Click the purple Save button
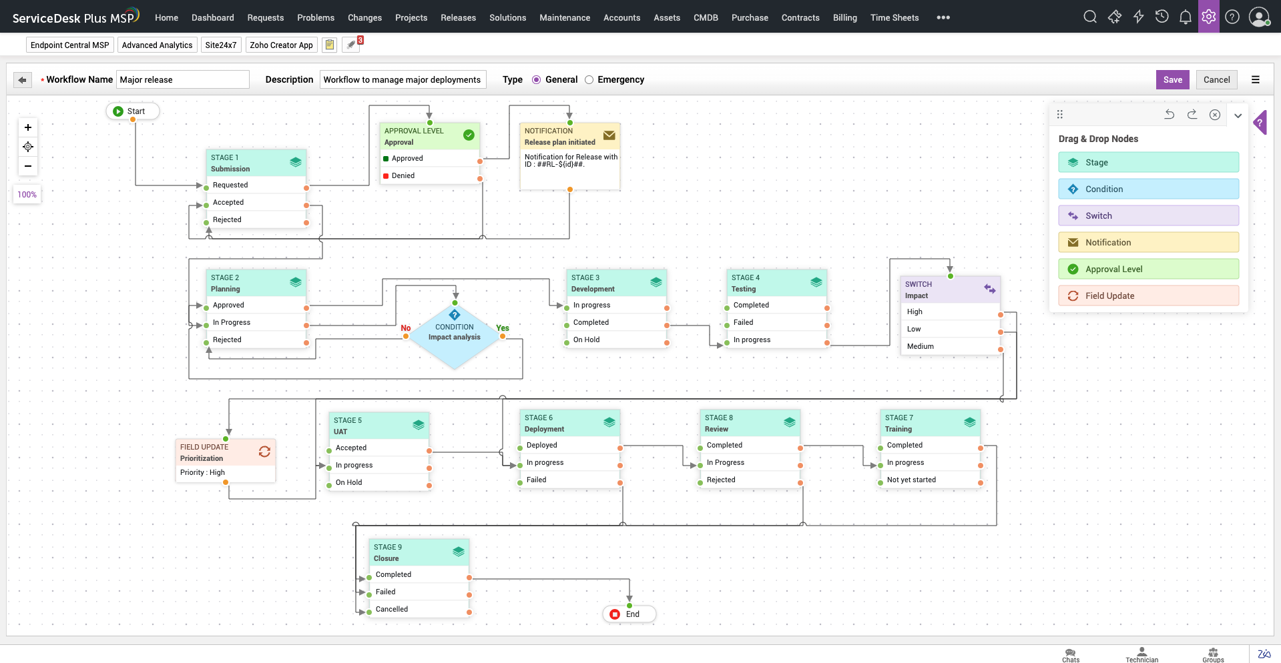click(x=1172, y=79)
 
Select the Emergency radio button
click(x=589, y=80)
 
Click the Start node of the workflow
click(x=132, y=111)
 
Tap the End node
click(x=629, y=614)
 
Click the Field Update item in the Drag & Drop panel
click(x=1148, y=296)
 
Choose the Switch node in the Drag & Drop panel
click(x=1148, y=216)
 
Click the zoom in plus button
click(x=28, y=127)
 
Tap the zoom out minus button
click(x=28, y=166)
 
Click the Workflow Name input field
click(x=182, y=80)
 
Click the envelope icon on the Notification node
click(x=609, y=135)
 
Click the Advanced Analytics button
click(x=157, y=45)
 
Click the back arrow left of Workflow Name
click(x=23, y=80)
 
